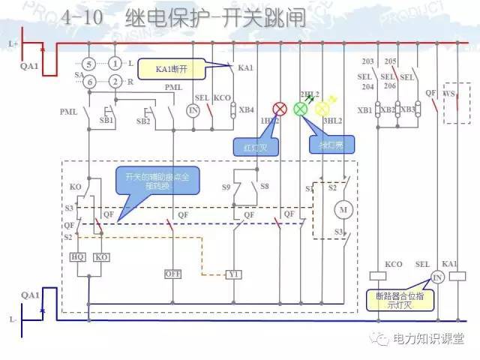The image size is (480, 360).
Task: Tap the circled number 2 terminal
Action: pyautogui.click(x=115, y=81)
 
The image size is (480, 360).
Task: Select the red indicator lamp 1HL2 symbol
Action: pyautogui.click(x=278, y=109)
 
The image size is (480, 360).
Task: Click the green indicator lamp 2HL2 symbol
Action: pyautogui.click(x=300, y=109)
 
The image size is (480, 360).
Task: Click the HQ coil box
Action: pyautogui.click(x=77, y=256)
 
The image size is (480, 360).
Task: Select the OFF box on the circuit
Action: pyautogui.click(x=173, y=274)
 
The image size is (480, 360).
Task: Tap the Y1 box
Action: pyautogui.click(x=235, y=274)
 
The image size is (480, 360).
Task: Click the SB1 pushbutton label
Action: pyautogui.click(x=107, y=120)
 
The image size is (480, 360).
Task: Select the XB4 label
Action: pyautogui.click(x=246, y=110)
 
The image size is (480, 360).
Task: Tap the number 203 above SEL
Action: pyautogui.click(x=367, y=61)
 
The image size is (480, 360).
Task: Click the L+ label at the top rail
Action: pyautogui.click(x=13, y=44)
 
